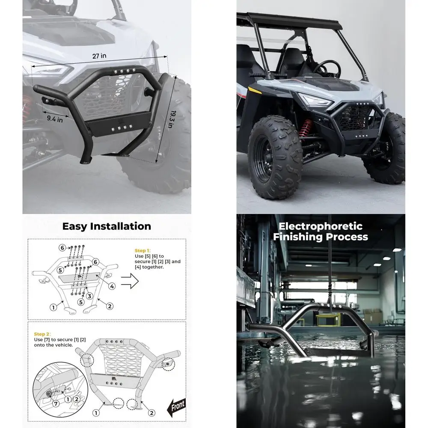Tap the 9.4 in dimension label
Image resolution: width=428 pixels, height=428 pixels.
tap(55, 119)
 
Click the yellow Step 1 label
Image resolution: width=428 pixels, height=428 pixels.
tap(143, 250)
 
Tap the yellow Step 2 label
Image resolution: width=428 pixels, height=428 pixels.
tap(42, 334)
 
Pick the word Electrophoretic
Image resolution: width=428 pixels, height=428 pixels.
tap(320, 226)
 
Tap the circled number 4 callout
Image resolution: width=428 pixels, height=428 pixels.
tap(111, 286)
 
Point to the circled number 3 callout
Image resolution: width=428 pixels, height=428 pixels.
tap(89, 296)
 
